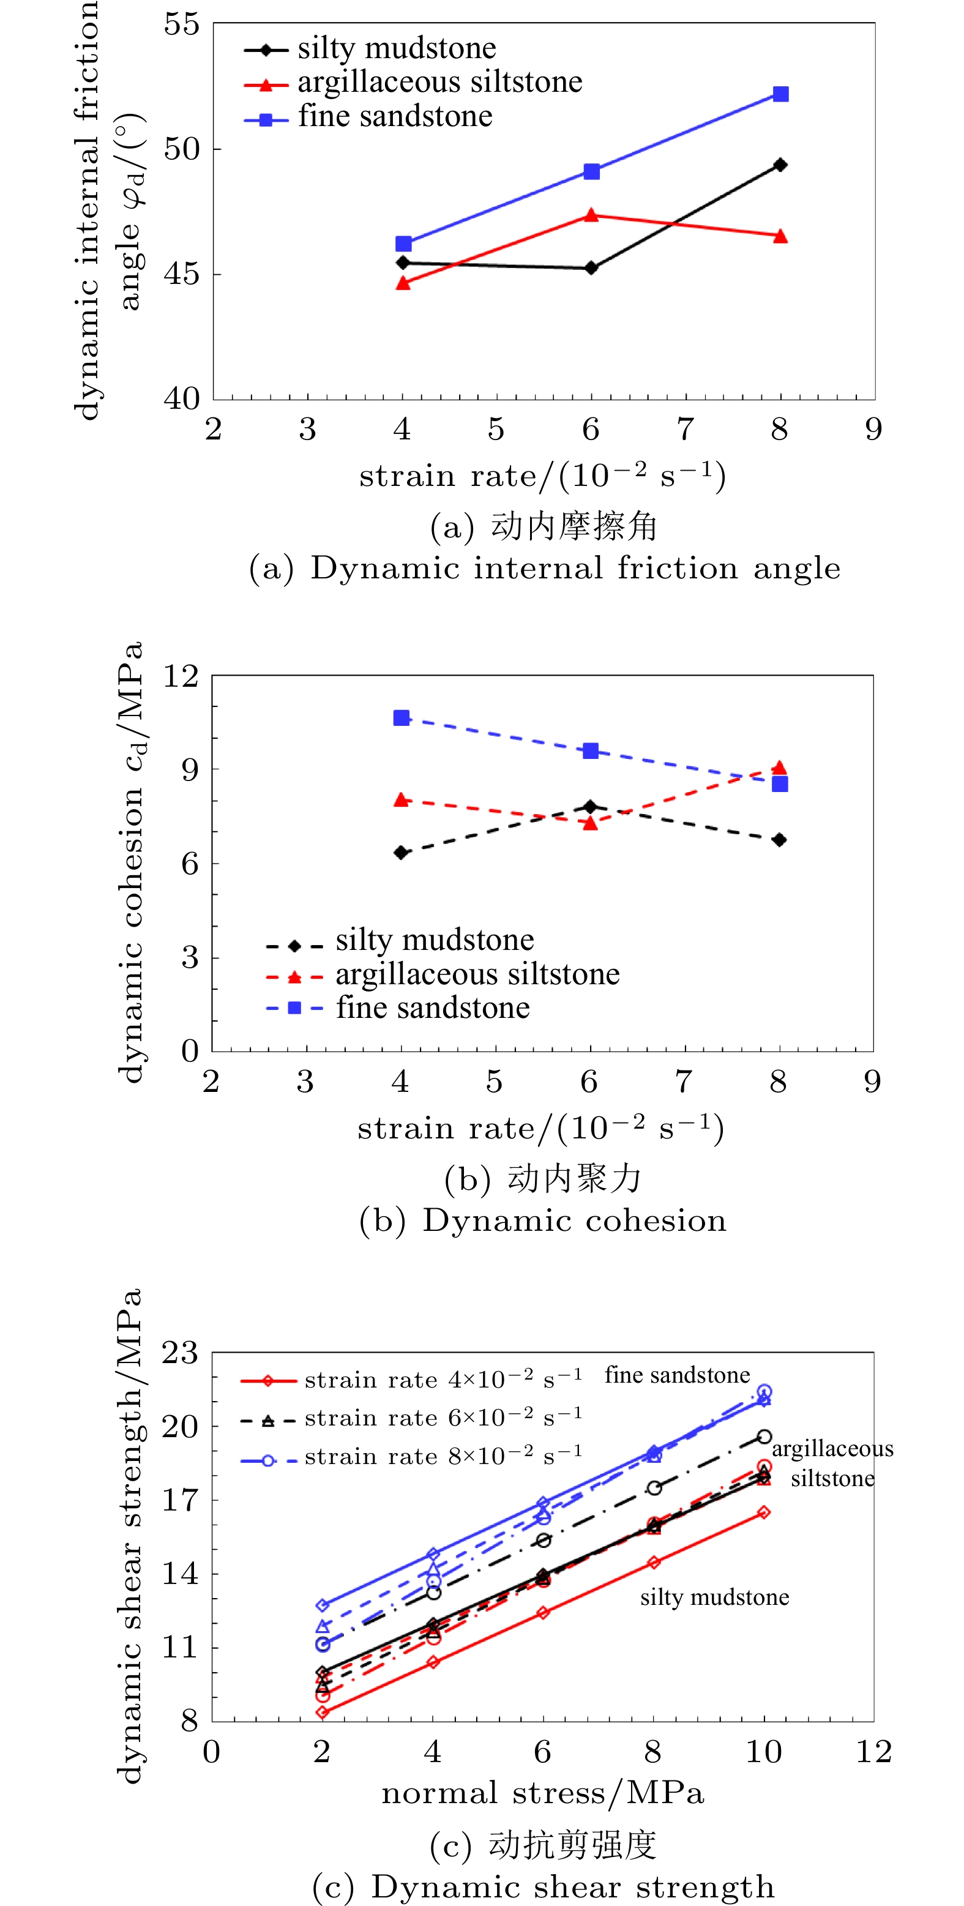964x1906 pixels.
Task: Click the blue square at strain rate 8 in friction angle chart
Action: [x=780, y=94]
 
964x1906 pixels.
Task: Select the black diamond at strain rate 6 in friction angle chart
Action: [x=591, y=268]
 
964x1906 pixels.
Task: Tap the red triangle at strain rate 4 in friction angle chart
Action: [x=403, y=283]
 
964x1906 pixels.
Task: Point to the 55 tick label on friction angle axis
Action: [x=182, y=24]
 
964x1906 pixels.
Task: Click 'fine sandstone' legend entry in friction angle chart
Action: [x=395, y=117]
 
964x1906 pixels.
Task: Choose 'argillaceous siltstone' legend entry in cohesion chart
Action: [x=477, y=974]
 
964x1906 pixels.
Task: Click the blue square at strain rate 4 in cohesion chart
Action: [x=402, y=718]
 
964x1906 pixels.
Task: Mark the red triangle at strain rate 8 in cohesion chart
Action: [x=779, y=768]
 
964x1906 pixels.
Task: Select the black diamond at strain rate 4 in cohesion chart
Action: [x=402, y=853]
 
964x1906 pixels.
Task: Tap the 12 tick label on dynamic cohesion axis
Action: [x=181, y=676]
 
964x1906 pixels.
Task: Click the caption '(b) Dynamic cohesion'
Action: [x=543, y=1222]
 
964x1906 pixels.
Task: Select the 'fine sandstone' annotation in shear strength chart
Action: [x=677, y=1375]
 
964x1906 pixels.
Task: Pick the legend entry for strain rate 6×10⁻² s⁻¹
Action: [x=443, y=1418]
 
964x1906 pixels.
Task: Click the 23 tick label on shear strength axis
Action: [x=181, y=1353]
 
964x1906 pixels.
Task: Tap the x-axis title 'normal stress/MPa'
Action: [x=543, y=1793]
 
